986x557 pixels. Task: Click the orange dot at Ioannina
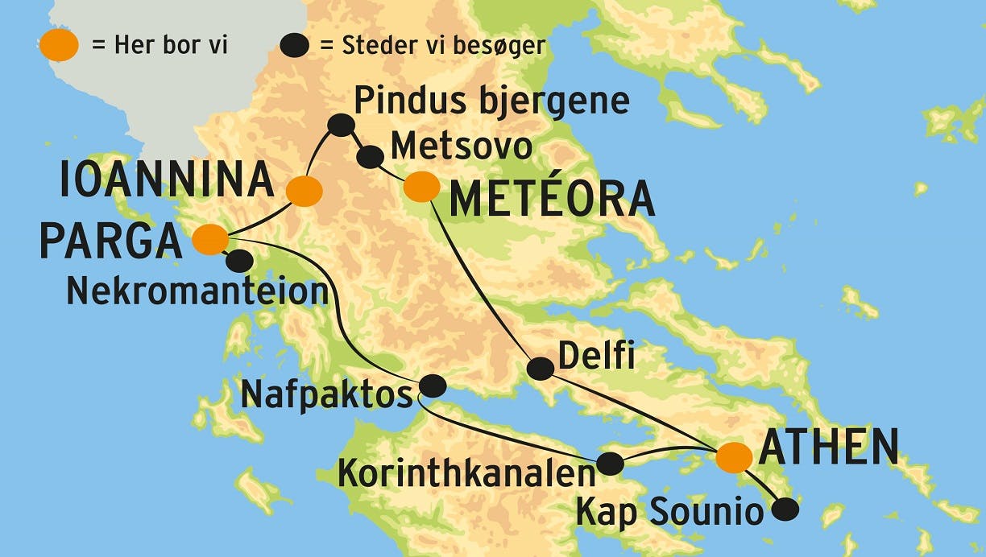click(304, 191)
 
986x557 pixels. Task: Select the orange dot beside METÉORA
click(421, 187)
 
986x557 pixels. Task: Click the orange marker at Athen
click(734, 456)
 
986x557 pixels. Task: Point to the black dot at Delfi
click(541, 369)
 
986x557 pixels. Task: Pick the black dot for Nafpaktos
click(433, 386)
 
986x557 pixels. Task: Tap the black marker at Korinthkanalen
click(610, 463)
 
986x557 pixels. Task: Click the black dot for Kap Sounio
click(785, 509)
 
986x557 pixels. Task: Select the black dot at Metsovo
click(370, 156)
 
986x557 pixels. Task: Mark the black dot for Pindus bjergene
click(342, 124)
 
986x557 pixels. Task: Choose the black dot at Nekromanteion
click(238, 261)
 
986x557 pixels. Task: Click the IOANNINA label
click(167, 182)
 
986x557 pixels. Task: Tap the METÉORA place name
click(552, 200)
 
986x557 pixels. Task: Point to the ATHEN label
click(829, 448)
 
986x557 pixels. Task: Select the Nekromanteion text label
click(197, 291)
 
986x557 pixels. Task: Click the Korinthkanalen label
click(466, 474)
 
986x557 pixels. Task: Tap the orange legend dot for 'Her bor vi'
click(59, 46)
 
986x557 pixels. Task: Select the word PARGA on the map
click(110, 241)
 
